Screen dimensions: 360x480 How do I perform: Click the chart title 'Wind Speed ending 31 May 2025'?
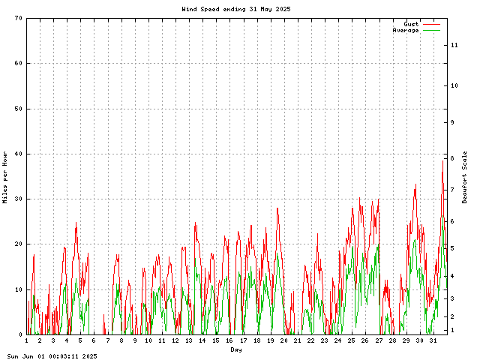click(x=236, y=9)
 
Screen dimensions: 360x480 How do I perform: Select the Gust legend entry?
click(x=411, y=24)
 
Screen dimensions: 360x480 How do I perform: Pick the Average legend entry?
click(x=406, y=30)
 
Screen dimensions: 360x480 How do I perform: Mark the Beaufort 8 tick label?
click(x=452, y=158)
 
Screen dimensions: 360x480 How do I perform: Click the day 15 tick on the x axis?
click(x=216, y=341)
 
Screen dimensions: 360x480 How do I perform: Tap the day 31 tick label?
click(x=433, y=341)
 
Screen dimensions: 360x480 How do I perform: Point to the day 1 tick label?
click(x=27, y=341)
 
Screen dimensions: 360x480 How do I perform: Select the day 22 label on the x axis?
click(x=310, y=341)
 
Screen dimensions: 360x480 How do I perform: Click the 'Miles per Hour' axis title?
click(x=5, y=177)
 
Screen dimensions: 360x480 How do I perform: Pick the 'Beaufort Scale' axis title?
click(x=465, y=177)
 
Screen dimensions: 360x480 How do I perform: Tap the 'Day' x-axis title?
click(x=236, y=349)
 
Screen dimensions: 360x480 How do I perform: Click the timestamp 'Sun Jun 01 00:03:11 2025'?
click(x=52, y=356)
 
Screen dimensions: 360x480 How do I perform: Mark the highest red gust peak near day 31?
click(x=443, y=160)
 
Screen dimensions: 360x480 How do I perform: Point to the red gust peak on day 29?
click(x=415, y=184)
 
